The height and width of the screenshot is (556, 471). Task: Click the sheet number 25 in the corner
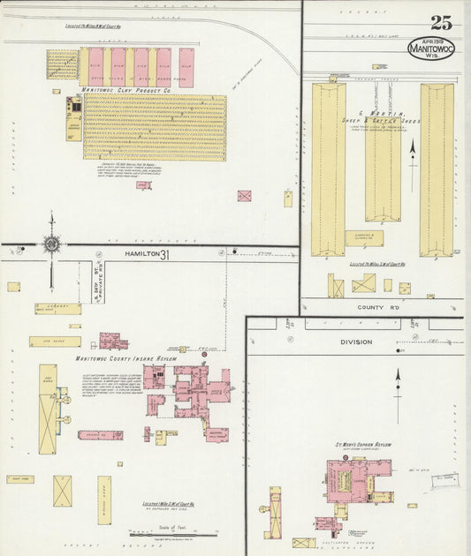441,23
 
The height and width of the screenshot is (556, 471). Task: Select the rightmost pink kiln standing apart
186,68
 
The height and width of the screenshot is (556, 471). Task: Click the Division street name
355,342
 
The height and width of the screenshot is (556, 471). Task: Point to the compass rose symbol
51,243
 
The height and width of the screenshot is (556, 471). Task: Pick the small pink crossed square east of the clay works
244,196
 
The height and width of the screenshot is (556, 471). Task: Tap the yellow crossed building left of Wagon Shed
63,491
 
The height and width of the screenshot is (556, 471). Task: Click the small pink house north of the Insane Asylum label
112,341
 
